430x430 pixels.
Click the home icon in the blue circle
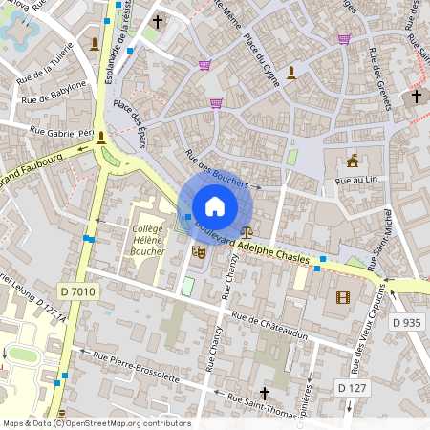coord(215,206)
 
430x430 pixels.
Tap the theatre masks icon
coord(199,251)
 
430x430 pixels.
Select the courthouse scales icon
coord(248,230)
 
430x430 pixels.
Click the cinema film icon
coord(343,297)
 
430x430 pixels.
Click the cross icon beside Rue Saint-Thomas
coord(265,393)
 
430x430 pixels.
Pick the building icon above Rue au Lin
coord(353,160)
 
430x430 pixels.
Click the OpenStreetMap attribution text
coord(96,423)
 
